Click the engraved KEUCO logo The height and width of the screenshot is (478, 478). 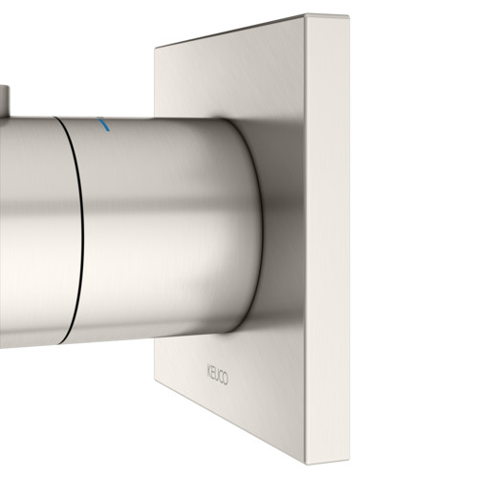click(217, 375)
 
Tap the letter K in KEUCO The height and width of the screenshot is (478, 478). click(208, 372)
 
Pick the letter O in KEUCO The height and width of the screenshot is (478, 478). click(226, 379)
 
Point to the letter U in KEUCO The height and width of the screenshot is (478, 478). click(217, 375)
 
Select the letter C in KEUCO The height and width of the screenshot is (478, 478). click(221, 377)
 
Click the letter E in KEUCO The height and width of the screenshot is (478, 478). click(212, 373)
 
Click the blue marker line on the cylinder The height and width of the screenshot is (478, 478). click(104, 125)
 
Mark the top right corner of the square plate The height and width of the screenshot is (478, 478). click(349, 15)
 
